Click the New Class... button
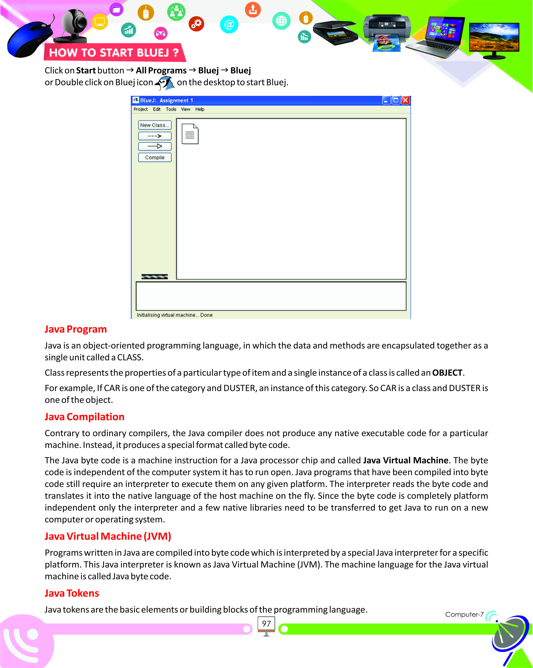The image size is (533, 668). pyautogui.click(x=154, y=125)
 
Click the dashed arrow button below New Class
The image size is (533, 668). pyautogui.click(x=154, y=136)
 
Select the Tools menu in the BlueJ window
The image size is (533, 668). pyautogui.click(x=171, y=109)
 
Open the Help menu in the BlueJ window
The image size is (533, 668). pyautogui.click(x=200, y=109)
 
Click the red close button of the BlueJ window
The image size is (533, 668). pyautogui.click(x=405, y=100)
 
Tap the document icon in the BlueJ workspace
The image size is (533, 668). pyautogui.click(x=190, y=134)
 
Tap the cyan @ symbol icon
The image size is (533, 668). pyautogui.click(x=229, y=24)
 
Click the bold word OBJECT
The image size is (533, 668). pyautogui.click(x=447, y=373)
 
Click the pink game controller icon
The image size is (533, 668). pyautogui.click(x=161, y=33)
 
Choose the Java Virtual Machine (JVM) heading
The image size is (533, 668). pyautogui.click(x=108, y=536)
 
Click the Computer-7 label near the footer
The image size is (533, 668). pyautogui.click(x=464, y=614)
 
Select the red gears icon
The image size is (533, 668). pyautogui.click(x=196, y=24)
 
